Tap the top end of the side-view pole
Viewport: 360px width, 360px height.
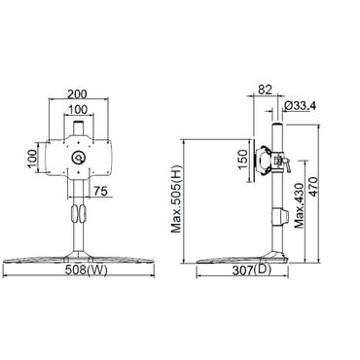[x=278, y=126]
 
